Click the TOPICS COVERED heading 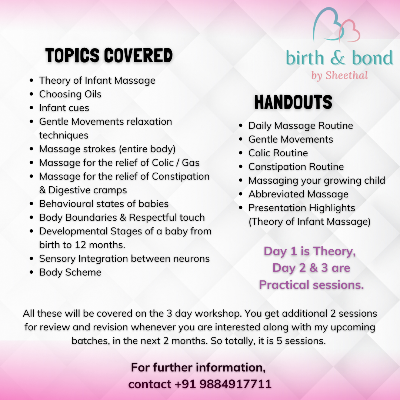(109, 56)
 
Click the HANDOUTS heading (293, 102)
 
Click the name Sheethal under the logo (346, 76)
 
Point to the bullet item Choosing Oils (70, 94)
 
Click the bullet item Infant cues (64, 108)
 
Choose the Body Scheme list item (70, 272)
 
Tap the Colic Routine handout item (278, 153)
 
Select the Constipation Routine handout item (296, 167)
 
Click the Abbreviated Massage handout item (298, 194)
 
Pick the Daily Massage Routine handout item (300, 126)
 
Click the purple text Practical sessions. (311, 284)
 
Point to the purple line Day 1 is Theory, (310, 251)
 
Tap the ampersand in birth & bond (338, 59)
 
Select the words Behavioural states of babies (104, 204)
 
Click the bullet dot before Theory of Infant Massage (32, 80)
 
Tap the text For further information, (198, 367)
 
